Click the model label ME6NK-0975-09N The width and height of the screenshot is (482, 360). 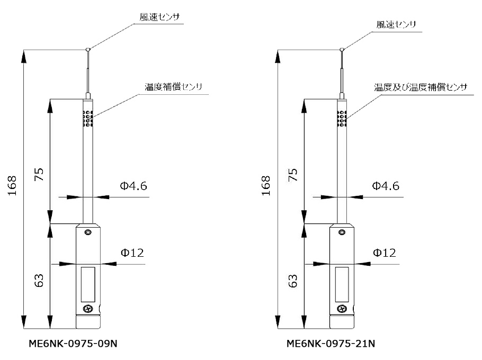73,343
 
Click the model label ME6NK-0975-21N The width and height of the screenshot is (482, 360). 331,343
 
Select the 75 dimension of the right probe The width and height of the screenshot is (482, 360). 293,175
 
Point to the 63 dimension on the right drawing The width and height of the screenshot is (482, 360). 293,280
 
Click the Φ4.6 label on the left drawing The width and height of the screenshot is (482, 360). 133,186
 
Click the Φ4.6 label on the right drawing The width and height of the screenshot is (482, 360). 385,186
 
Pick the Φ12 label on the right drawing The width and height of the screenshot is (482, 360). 384,253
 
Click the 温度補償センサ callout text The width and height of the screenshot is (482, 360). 174,86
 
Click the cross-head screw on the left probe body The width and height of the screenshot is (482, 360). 88,309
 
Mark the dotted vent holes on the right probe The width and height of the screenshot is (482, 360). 343,119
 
